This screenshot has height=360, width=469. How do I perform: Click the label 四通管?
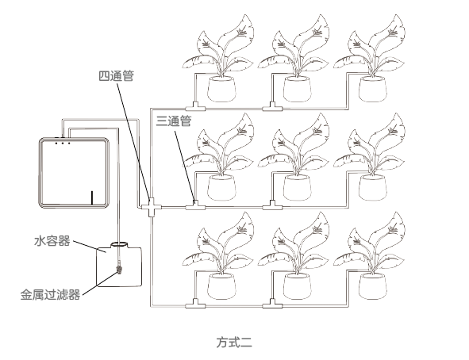point(116,76)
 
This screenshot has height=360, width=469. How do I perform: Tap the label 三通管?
point(174,121)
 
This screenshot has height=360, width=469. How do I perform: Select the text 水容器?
point(52,241)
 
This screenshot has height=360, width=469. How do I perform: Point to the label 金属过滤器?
point(50,294)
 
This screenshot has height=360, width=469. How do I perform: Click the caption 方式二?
point(234,342)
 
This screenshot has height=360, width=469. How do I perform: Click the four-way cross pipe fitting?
point(152,207)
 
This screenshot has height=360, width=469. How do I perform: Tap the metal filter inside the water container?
point(119,268)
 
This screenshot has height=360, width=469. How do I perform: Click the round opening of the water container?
point(119,244)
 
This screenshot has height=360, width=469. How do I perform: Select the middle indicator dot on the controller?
point(63,143)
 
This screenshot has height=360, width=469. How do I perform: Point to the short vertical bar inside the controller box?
point(92,198)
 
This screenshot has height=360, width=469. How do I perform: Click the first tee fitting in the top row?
point(195,107)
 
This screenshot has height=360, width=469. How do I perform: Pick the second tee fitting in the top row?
point(272,107)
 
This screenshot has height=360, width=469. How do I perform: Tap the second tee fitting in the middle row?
point(272,205)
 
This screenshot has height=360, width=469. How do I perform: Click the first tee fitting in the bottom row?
point(195,304)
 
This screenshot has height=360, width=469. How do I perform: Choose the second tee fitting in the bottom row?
point(272,304)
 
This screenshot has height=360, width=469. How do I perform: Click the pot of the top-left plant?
point(221,89)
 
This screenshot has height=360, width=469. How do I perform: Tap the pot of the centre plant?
point(298,187)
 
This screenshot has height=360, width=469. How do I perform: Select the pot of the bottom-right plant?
point(373,286)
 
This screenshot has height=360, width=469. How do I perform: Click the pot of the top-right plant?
point(373,89)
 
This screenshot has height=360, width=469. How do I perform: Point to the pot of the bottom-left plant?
point(221,286)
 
